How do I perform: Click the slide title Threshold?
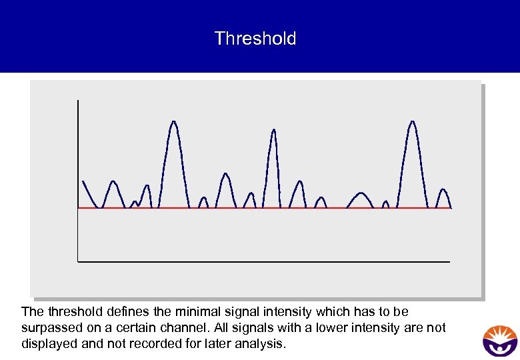pos(255,39)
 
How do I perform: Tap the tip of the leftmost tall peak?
pos(173,122)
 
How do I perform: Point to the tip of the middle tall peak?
pos(273,130)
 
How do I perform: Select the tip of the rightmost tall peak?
pos(412,122)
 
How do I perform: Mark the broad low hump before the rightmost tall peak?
pos(361,194)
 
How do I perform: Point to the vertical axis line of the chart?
pos(78,180)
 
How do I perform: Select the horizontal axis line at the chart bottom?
pos(267,261)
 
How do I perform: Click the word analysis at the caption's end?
pos(262,344)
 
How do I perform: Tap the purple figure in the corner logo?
pos(499,347)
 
